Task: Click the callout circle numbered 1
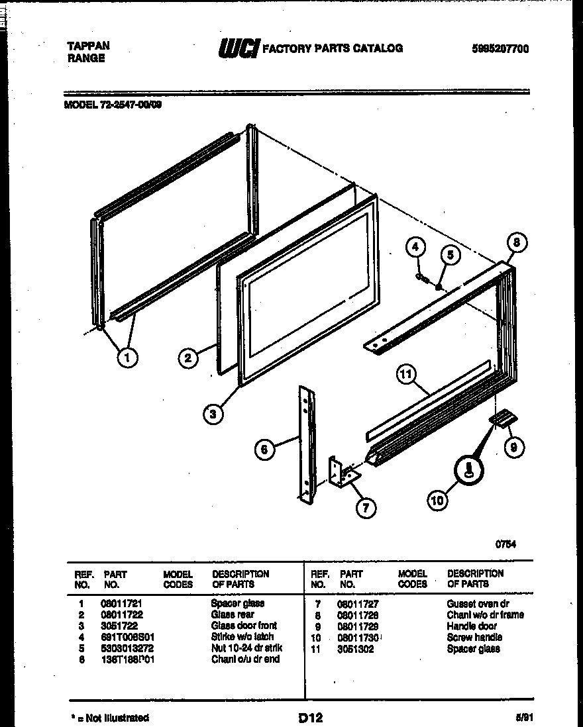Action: [127, 358]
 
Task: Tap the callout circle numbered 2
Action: [189, 358]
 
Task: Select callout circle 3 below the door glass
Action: [213, 414]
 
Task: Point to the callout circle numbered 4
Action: [415, 248]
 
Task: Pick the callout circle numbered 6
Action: [264, 450]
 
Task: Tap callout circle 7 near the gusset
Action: [365, 507]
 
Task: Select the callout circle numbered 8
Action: [517, 243]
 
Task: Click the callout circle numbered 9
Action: [514, 448]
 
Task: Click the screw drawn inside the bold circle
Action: [469, 471]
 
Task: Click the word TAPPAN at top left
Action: [89, 46]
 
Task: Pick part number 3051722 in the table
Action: [119, 626]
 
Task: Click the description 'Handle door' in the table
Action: [472, 626]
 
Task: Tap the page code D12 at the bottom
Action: [310, 717]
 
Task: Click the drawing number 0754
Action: [505, 544]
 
